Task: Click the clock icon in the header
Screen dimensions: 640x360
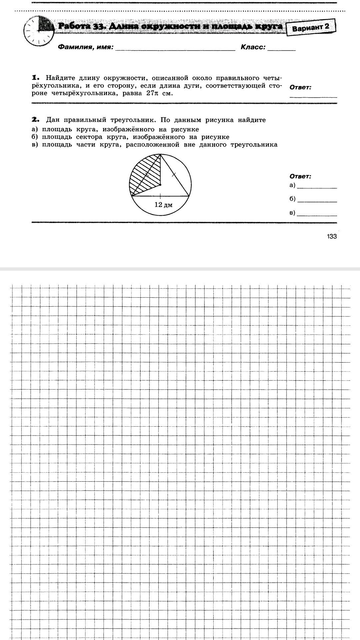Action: click(x=38, y=32)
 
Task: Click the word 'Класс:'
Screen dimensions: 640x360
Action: click(x=253, y=47)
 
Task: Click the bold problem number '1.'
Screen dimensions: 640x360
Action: click(x=36, y=78)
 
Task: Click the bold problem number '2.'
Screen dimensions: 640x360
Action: click(x=36, y=120)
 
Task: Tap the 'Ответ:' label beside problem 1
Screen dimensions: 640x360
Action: click(x=301, y=87)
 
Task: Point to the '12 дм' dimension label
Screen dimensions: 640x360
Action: click(x=163, y=205)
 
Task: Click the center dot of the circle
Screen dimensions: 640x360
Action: click(x=160, y=184)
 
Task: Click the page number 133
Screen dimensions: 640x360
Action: click(x=332, y=236)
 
